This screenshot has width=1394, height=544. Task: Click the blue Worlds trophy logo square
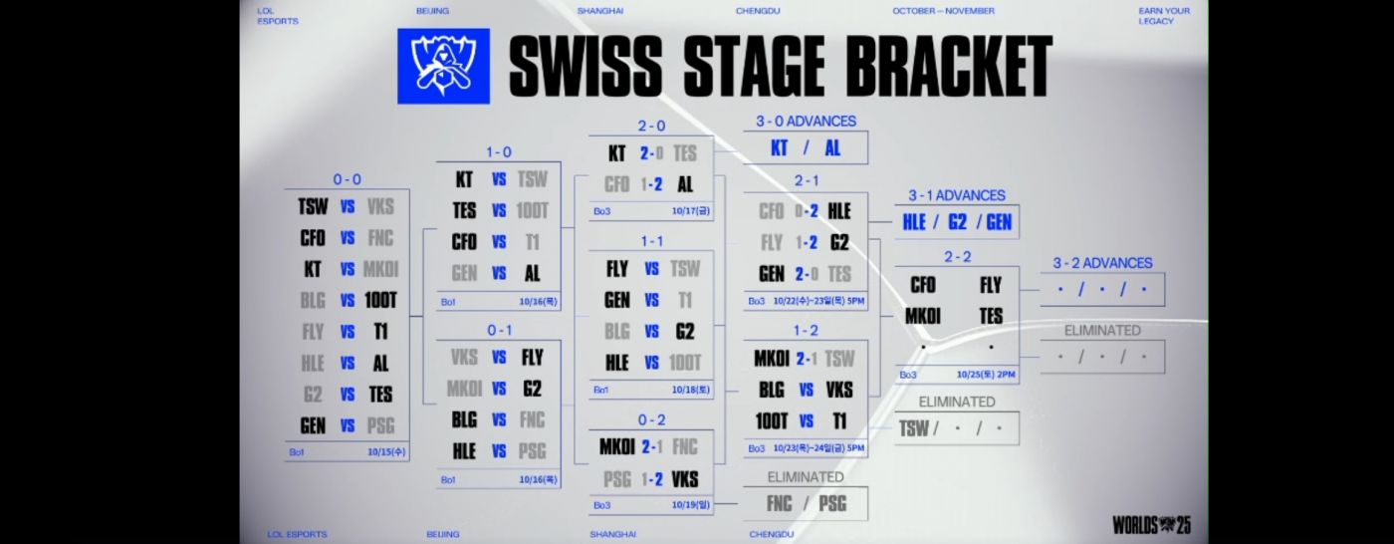[443, 66]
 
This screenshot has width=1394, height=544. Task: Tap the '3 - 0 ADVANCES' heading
[806, 121]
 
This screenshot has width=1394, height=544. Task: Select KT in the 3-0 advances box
[783, 147]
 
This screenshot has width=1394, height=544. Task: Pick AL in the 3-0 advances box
[832, 147]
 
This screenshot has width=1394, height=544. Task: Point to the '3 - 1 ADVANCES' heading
[956, 195]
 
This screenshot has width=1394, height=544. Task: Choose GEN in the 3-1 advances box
[998, 222]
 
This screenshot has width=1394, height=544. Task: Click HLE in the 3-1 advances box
[914, 222]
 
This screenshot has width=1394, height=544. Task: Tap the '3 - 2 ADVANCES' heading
[1102, 263]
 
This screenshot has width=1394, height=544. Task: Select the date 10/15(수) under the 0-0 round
[387, 452]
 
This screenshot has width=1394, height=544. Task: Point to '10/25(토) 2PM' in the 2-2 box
[985, 375]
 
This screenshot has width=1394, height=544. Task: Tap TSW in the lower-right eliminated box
[913, 428]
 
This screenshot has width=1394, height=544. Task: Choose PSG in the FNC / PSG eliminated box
[831, 503]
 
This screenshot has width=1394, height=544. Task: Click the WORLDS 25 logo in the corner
[1152, 524]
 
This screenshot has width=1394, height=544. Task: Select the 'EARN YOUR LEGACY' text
[1164, 16]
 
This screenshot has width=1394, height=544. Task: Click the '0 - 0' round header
[347, 179]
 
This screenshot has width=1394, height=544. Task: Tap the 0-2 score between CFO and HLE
[807, 211]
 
